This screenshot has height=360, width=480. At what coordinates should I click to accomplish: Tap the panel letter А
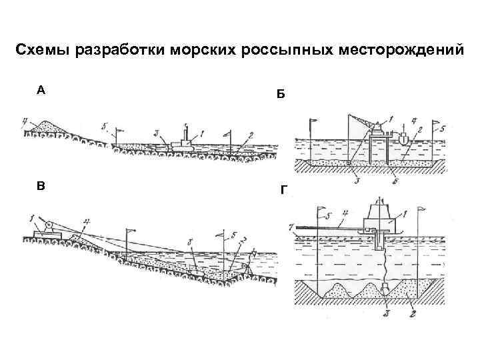coord(41,91)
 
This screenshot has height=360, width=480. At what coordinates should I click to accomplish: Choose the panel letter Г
coord(283,190)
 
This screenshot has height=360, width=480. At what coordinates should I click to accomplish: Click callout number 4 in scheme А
coord(24,121)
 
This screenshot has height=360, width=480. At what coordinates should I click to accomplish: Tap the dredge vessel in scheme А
coord(181,142)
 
